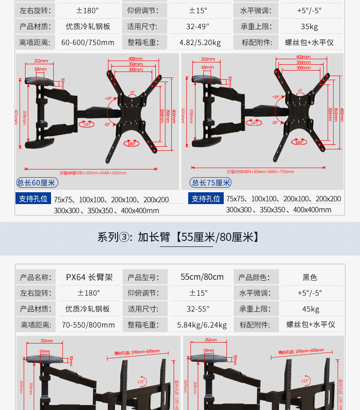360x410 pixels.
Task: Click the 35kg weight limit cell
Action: tap(309, 26)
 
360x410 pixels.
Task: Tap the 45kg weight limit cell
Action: tap(310, 309)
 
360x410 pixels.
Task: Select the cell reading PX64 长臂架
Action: tap(89, 277)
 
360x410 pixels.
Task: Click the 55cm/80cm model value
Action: tap(202, 277)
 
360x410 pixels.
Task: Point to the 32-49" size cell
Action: tap(198, 26)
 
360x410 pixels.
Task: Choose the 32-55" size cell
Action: tap(198, 309)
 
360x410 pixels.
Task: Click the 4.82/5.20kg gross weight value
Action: tap(200, 42)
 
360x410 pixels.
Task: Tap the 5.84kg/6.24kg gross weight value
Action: tap(201, 325)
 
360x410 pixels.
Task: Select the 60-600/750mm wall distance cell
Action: tap(88, 42)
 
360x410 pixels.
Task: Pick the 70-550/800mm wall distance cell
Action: tap(88, 325)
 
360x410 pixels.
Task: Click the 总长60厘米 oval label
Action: tap(36, 183)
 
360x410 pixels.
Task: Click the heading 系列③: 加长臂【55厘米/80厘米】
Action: tap(180, 237)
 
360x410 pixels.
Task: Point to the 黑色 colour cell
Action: tap(310, 277)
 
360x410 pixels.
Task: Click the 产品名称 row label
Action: tap(36, 277)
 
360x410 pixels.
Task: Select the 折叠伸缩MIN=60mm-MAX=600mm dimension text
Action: tap(93, 173)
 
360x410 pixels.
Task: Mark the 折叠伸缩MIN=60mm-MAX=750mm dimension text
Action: tap(260, 172)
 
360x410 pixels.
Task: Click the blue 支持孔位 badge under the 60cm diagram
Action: tap(33, 199)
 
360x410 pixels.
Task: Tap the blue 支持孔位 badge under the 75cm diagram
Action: tap(206, 199)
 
